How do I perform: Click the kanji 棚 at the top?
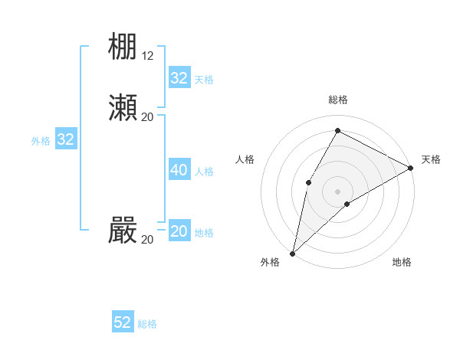click(x=123, y=47)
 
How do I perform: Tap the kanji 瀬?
click(x=123, y=108)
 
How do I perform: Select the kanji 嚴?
click(x=123, y=231)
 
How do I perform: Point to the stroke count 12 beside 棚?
click(x=148, y=56)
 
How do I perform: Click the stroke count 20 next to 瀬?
click(x=148, y=116)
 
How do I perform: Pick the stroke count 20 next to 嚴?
click(x=148, y=239)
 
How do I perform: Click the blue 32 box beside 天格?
click(x=179, y=78)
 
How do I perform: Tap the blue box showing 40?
click(x=179, y=170)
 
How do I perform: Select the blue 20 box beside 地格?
click(x=179, y=231)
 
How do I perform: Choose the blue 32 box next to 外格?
click(x=66, y=139)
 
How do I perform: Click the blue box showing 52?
click(x=123, y=322)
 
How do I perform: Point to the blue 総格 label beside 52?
click(x=147, y=324)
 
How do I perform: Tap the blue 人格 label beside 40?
click(x=204, y=172)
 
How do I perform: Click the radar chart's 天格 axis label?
click(x=431, y=159)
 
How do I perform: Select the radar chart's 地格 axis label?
click(x=402, y=263)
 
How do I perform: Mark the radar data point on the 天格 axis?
click(x=411, y=168)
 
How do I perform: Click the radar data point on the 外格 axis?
click(x=292, y=253)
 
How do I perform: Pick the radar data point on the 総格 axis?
click(x=337, y=131)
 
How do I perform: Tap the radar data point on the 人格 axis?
click(x=308, y=182)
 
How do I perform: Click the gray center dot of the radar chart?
click(x=337, y=191)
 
